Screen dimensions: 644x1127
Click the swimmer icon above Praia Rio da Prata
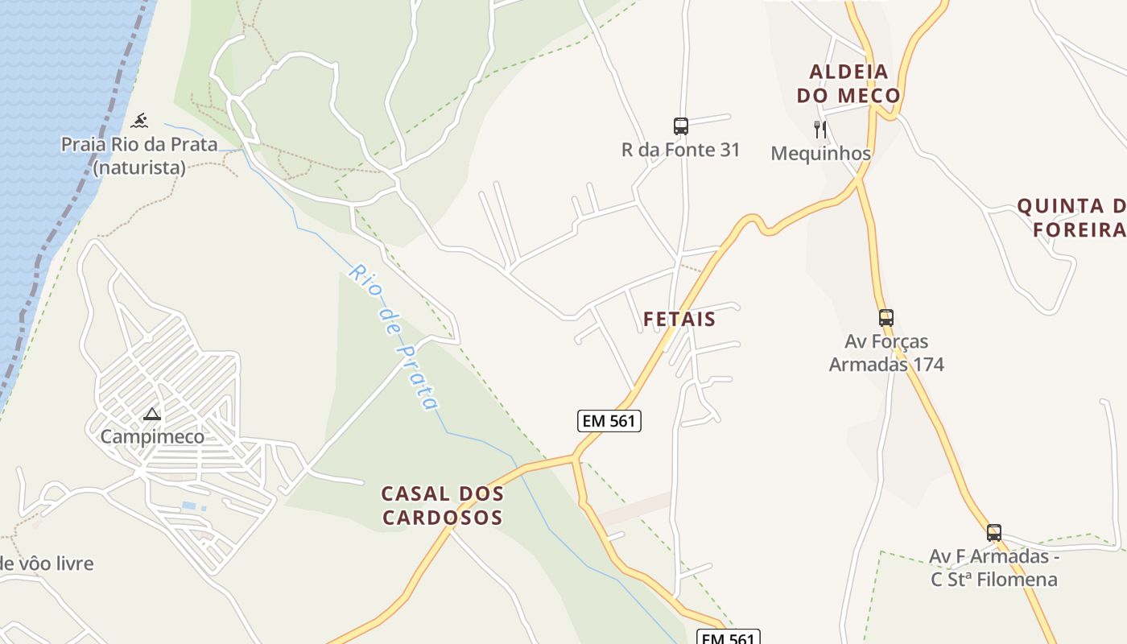tap(140, 121)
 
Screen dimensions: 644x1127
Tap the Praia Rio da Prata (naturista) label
tap(139, 156)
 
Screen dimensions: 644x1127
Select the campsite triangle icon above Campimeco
tap(151, 415)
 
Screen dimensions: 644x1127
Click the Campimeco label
tap(152, 437)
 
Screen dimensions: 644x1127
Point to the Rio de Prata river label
tap(394, 336)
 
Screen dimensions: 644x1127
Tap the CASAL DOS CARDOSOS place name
tap(443, 506)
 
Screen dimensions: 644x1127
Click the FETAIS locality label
tap(679, 319)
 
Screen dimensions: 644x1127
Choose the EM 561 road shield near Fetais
tap(609, 420)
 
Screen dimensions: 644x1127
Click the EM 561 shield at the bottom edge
tap(728, 638)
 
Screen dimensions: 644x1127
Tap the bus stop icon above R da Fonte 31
tap(681, 126)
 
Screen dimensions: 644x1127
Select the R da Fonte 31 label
tap(681, 150)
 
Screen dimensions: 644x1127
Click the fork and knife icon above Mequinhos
tap(820, 129)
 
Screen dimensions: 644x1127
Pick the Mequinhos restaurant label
tap(820, 153)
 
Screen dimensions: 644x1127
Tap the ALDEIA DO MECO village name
tap(848, 84)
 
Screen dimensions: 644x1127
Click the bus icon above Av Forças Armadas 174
tap(886, 318)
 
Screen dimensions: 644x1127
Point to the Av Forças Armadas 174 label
tap(886, 353)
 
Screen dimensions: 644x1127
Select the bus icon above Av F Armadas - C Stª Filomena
tap(994, 532)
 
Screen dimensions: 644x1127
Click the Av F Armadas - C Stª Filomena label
tap(994, 568)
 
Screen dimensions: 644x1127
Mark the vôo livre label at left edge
tap(47, 563)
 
